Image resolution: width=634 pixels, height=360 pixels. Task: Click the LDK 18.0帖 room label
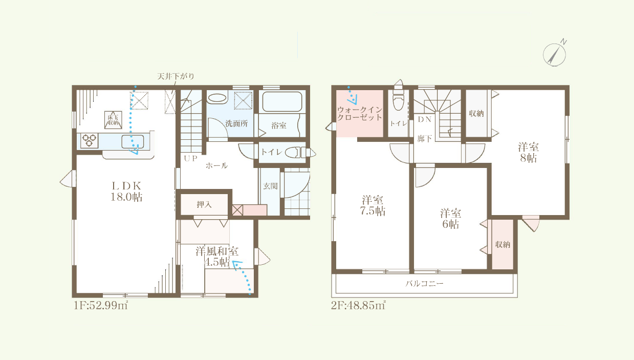coord(126,191)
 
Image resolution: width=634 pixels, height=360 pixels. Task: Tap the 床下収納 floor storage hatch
coord(113,120)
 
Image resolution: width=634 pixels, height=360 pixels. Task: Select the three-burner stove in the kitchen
coord(89,140)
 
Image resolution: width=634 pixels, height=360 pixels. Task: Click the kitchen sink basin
coord(133,142)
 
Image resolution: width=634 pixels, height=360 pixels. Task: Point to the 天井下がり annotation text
coord(176,76)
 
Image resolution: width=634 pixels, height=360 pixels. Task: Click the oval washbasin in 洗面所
coord(217,98)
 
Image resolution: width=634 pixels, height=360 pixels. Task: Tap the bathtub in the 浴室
coord(282,101)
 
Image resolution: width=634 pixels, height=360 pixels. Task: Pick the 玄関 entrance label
coord(270,186)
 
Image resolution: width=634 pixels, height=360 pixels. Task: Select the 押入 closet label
coord(204,204)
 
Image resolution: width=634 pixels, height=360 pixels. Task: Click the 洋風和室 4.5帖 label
coord(217,257)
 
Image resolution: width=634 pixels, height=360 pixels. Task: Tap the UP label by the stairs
coord(190,158)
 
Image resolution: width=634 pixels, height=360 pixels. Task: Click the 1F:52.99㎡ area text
coord(101,305)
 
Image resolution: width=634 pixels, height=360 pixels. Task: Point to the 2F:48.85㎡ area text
coord(358,305)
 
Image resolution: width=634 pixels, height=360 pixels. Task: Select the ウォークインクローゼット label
coord(360,114)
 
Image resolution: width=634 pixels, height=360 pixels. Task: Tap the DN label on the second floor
coord(425,119)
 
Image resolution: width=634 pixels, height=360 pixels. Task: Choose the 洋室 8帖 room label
coord(529,153)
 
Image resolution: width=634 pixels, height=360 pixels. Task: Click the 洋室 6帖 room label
coord(450,218)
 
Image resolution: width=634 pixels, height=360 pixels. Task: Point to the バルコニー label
coord(424,284)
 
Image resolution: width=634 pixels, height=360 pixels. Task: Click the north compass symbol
coord(555,55)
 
